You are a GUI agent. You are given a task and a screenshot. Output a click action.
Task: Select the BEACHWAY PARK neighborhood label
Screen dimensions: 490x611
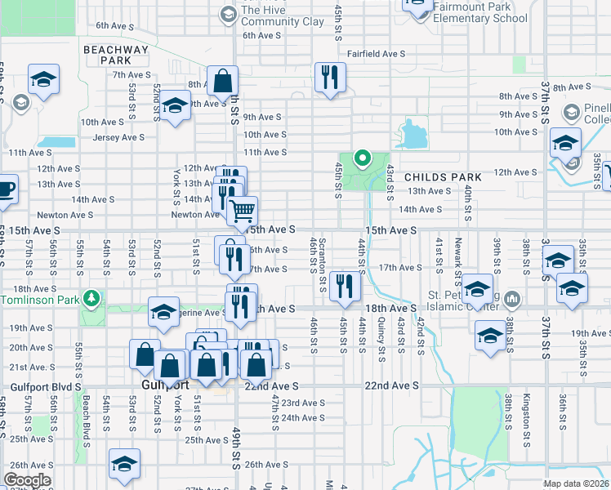point(117,55)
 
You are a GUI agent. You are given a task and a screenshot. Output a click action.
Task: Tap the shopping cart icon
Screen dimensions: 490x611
point(242,210)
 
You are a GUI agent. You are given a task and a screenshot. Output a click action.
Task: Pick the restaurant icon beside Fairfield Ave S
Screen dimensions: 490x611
point(330,78)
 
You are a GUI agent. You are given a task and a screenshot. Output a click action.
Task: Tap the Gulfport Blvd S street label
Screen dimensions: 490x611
point(46,386)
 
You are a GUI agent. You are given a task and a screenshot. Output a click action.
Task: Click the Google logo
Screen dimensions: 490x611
point(27,480)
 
